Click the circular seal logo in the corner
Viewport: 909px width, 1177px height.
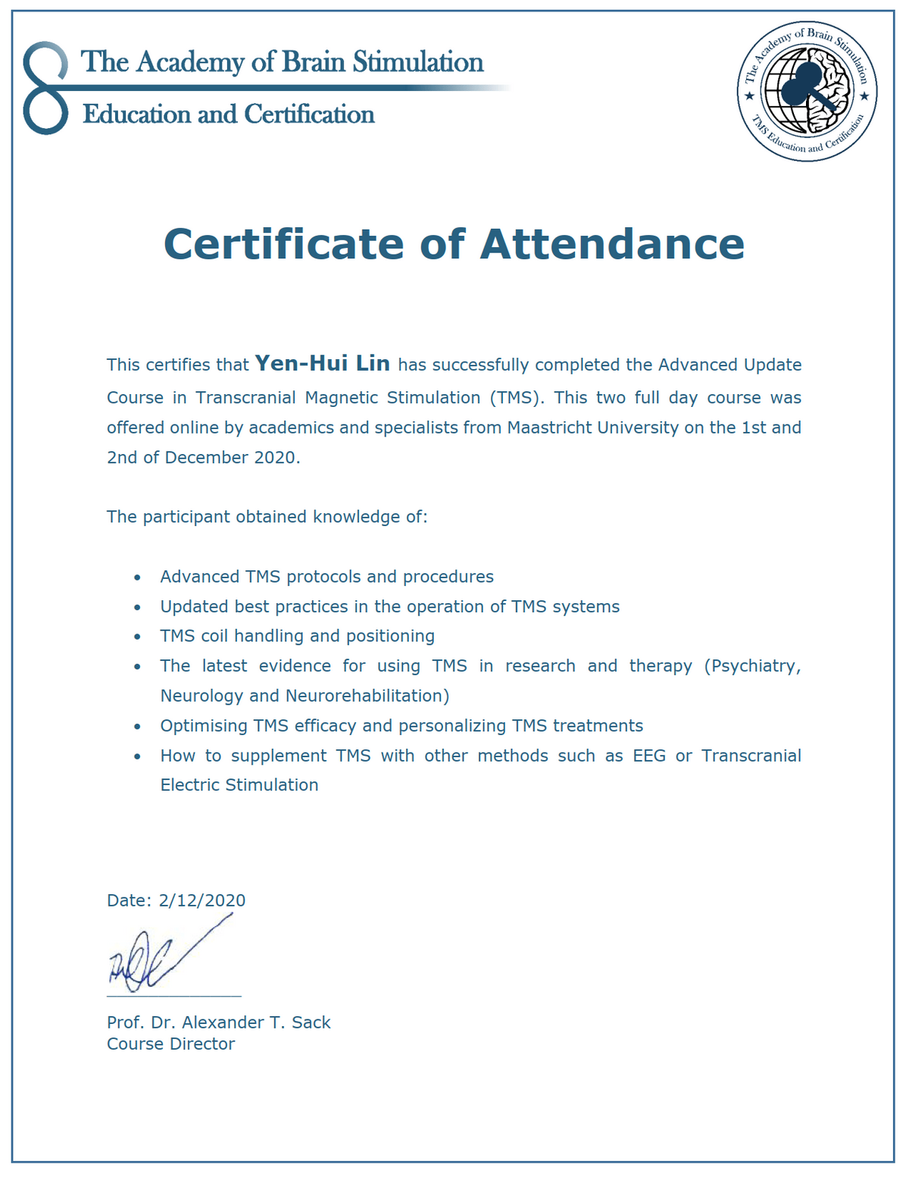coord(807,91)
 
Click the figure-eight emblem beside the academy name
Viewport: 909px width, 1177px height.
coord(45,89)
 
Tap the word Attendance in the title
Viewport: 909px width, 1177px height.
coord(612,244)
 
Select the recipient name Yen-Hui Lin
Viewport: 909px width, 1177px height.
coord(323,364)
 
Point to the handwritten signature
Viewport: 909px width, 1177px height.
coord(167,957)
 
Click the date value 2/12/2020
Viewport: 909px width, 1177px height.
coord(202,900)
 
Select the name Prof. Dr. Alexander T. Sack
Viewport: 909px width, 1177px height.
coord(219,1022)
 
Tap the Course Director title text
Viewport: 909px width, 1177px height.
coord(171,1044)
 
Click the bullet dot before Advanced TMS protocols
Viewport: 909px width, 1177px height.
coord(137,578)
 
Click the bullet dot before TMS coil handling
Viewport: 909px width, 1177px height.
coord(137,637)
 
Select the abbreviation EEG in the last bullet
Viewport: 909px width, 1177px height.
coord(649,756)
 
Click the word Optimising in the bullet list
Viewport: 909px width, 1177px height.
coord(202,726)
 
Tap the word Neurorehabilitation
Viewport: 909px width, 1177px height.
coord(367,696)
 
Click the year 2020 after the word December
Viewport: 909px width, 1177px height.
coord(275,458)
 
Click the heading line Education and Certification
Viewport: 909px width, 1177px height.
coord(229,114)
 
